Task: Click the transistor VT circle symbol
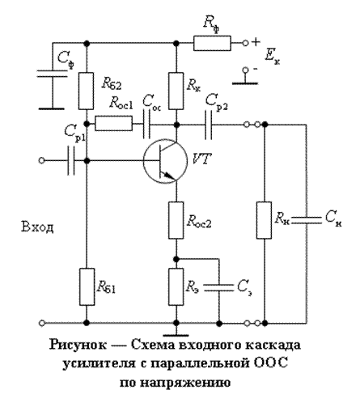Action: [x=144, y=161]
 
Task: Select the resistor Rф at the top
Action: [x=212, y=43]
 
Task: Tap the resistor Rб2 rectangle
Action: [x=87, y=91]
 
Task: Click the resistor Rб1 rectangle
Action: [x=87, y=286]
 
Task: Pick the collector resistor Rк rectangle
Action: [x=176, y=91]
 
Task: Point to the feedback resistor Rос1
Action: [x=113, y=124]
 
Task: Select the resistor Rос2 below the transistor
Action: [x=176, y=220]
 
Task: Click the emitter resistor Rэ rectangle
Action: [x=176, y=286]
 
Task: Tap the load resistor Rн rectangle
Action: [x=264, y=220]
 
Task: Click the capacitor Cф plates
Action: [x=52, y=74]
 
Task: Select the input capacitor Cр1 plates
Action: [x=70, y=161]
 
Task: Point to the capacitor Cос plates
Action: [x=146, y=124]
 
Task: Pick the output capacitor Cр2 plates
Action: [x=208, y=125]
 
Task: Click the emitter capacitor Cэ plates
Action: [x=218, y=287]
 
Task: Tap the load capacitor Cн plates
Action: [x=307, y=220]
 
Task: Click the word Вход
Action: [x=37, y=227]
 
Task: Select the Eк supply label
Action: [x=272, y=57]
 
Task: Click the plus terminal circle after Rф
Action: [x=245, y=43]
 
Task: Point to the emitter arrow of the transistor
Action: [x=170, y=176]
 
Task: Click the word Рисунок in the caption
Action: [x=78, y=345]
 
